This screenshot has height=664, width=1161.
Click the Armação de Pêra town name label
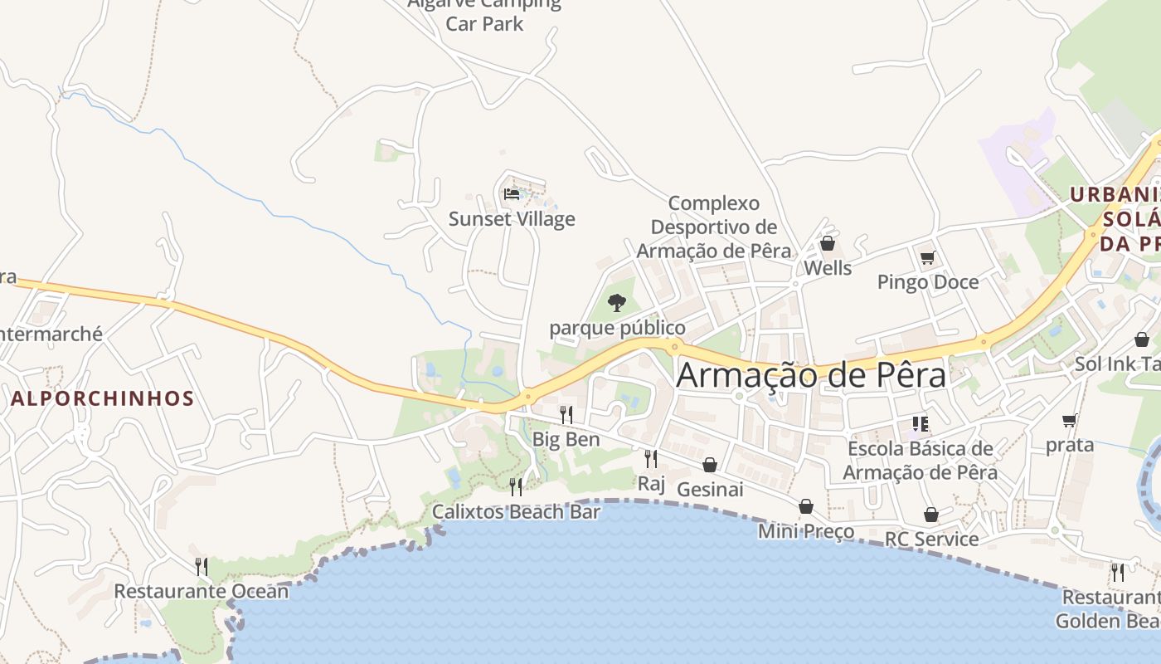[811, 375]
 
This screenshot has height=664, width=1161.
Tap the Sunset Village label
[512, 219]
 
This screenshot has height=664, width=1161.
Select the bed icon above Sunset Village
[512, 194]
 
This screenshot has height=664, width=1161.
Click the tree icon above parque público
[616, 303]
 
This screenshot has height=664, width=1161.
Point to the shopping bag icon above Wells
[827, 243]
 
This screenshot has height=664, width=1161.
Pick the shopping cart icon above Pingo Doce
[927, 257]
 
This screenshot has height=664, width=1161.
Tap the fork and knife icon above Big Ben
[566, 414]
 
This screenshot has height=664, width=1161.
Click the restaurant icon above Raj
[651, 458]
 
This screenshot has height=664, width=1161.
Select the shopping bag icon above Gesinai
[710, 465]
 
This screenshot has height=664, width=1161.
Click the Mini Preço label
[806, 530]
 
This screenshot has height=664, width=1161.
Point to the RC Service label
[931, 539]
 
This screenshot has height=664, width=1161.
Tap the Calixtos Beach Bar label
[516, 511]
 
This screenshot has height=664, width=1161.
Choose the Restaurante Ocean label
[202, 591]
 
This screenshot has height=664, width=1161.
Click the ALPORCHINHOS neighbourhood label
[103, 398]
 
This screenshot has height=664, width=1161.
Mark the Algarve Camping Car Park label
[484, 13]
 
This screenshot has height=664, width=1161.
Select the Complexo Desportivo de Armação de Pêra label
[714, 227]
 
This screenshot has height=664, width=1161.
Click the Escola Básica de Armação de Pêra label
[920, 461]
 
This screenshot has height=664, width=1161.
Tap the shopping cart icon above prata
[1070, 420]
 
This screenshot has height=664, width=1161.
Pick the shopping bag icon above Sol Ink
[1142, 339]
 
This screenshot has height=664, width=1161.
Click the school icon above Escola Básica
[920, 424]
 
